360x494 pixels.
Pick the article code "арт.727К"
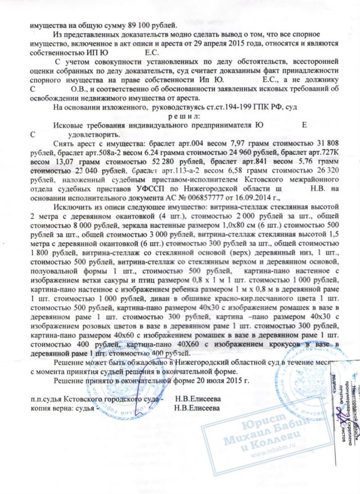pyautogui.click(x=321, y=153)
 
